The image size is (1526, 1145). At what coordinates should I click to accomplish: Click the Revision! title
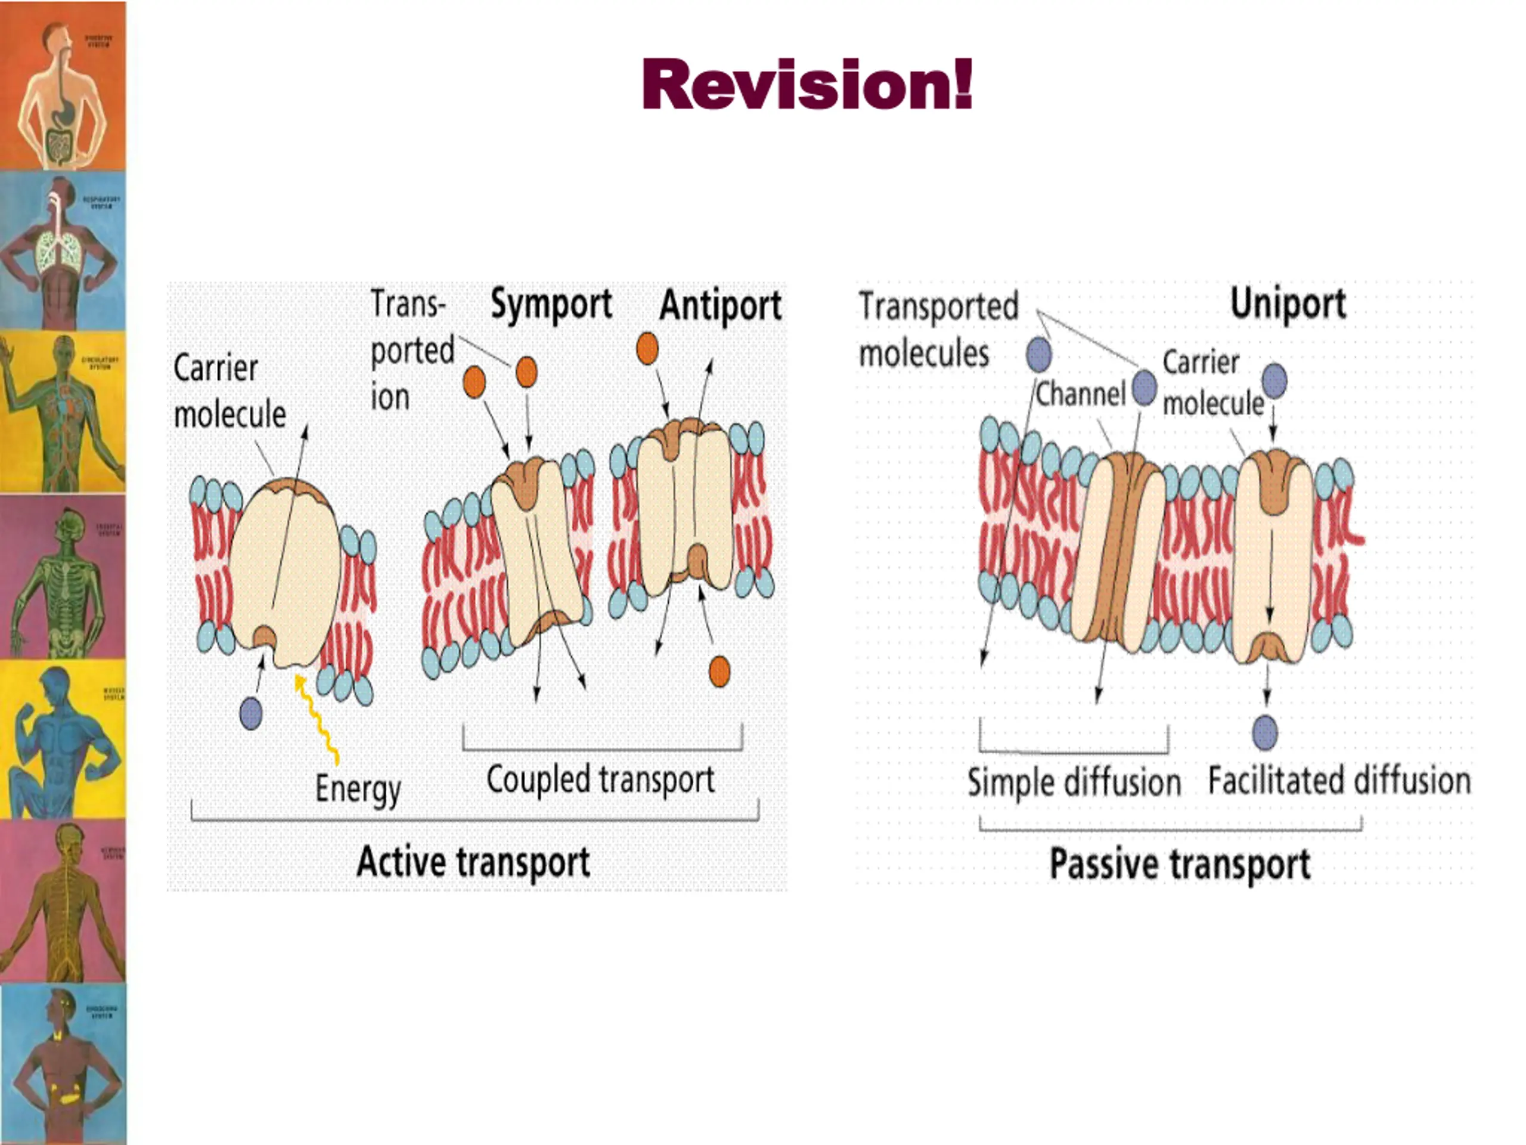807,84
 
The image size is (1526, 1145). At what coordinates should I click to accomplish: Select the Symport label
551,304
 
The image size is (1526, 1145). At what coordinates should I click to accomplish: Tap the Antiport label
720,306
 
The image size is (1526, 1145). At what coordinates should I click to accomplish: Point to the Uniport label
1288,303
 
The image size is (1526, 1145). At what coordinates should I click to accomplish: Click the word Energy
357,789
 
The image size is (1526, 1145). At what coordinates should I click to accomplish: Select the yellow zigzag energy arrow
317,718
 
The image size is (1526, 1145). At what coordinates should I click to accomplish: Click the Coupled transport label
600,780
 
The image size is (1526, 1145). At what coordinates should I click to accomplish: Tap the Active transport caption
473,862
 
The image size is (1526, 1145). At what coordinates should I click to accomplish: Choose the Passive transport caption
1180,864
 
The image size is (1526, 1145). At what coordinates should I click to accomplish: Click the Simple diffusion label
1074,782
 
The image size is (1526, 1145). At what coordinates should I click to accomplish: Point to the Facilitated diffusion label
1339,781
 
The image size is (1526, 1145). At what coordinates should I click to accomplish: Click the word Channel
1080,394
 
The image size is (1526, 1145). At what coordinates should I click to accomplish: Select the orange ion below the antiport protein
719,671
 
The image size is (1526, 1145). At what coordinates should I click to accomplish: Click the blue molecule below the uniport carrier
1264,732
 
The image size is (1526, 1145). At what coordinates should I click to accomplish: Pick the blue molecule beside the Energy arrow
251,713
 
